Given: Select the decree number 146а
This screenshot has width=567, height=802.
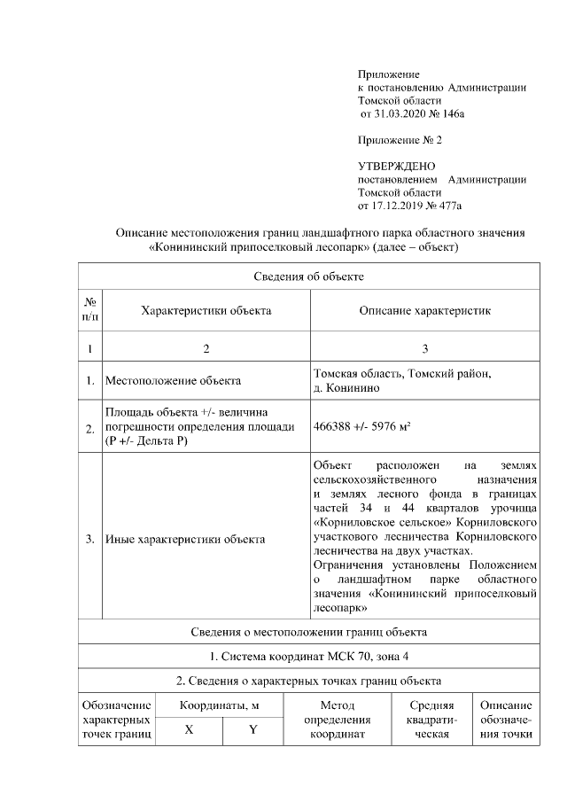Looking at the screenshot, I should [452, 114].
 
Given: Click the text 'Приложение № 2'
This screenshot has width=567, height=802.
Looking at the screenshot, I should [399, 140].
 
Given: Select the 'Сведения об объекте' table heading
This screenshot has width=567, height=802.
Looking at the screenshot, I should [308, 276].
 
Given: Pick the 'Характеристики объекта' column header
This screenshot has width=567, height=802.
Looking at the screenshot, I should [206, 311].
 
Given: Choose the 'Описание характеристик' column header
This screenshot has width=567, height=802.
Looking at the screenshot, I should [424, 311].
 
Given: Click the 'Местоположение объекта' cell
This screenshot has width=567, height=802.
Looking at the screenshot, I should [173, 381].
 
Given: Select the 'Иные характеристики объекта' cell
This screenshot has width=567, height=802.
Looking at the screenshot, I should [184, 539].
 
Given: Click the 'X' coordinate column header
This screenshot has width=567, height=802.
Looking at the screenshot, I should [189, 730].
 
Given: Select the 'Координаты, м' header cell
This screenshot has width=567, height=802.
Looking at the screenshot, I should [220, 706].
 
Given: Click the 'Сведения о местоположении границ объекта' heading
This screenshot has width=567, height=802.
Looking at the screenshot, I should [308, 632].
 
